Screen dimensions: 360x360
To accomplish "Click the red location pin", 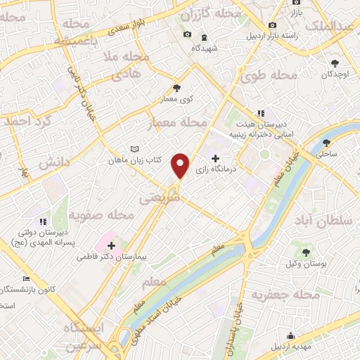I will coord(181,165).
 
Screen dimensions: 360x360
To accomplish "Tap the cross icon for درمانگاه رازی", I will coord(215,159).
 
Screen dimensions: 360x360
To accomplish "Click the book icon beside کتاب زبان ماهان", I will coord(134,150).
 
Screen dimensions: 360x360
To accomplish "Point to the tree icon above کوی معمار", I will coord(176,88).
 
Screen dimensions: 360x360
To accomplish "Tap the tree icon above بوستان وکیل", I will coord(305,252).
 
